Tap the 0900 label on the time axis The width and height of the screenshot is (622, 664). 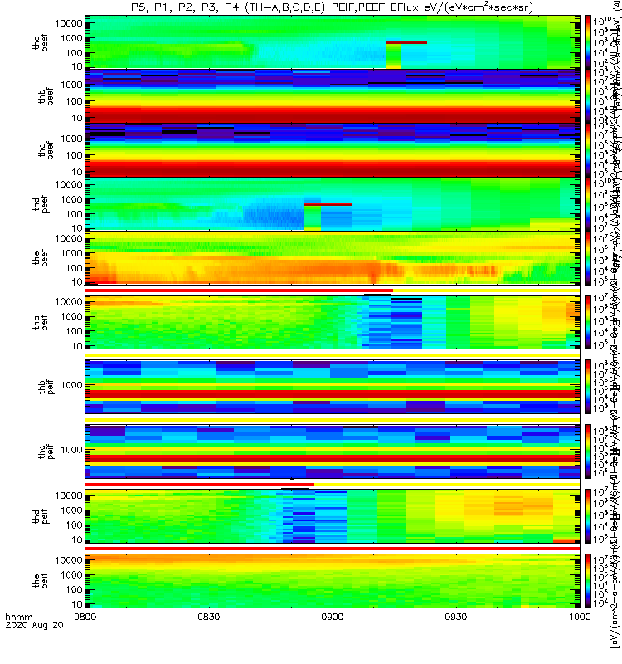coord(332,640)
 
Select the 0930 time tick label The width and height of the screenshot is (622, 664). coord(455,640)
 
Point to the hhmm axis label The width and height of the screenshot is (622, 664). coord(17,640)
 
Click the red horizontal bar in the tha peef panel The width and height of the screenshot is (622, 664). coord(406,41)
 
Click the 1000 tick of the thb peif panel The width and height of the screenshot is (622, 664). coord(68,385)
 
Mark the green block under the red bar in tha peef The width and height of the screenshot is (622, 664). coord(393,56)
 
